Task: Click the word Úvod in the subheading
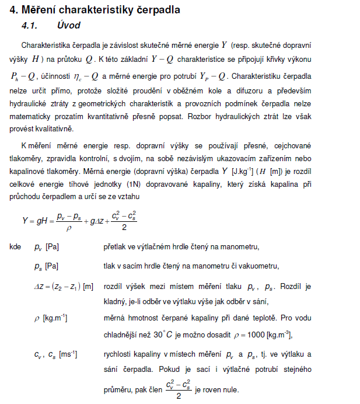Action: coord(69,26)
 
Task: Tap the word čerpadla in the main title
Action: coord(160,10)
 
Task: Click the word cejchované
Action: coord(292,144)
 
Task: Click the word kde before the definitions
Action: coord(16,247)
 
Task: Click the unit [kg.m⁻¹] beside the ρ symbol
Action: coord(55,318)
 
